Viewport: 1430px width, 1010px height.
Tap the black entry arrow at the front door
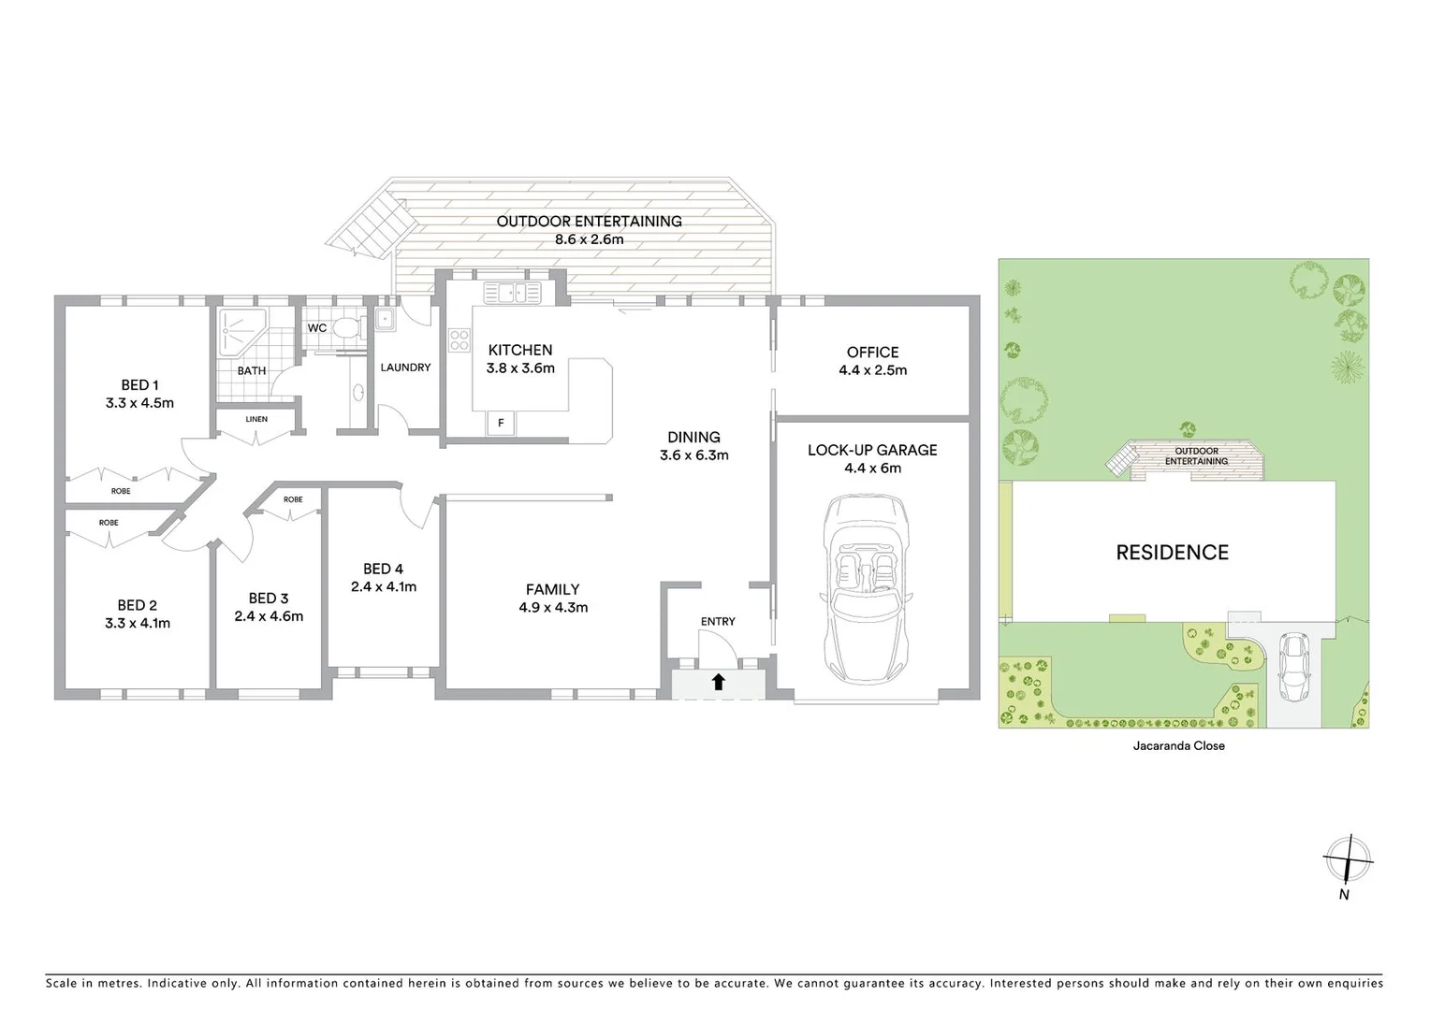click(718, 683)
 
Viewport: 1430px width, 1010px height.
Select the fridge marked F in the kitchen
click(501, 424)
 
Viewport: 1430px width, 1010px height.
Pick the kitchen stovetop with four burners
click(459, 340)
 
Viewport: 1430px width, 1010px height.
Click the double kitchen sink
click(512, 293)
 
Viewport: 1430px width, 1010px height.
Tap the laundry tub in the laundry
click(386, 319)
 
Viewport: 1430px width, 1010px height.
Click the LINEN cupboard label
click(256, 420)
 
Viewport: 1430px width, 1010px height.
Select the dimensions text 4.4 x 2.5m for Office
click(872, 370)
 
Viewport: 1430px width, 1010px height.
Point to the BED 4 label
click(383, 569)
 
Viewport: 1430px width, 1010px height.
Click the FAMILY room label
click(552, 589)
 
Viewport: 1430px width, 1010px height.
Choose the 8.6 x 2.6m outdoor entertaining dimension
click(589, 239)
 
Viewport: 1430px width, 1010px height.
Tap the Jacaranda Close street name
click(1178, 746)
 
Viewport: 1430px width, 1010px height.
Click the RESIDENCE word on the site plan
click(1172, 553)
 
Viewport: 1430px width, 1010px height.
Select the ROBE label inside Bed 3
click(293, 499)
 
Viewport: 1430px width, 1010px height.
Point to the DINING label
click(693, 437)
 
